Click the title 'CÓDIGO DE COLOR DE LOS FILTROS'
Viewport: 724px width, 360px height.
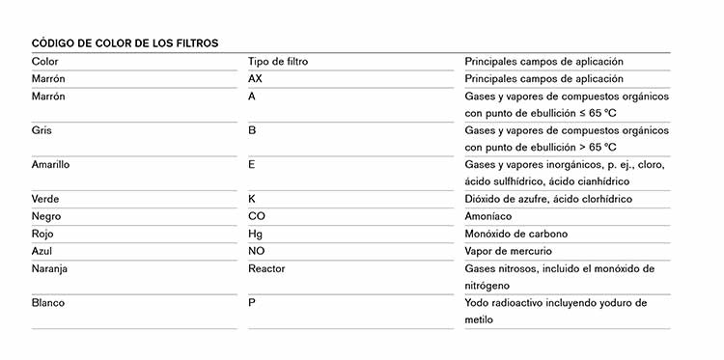[x=125, y=42]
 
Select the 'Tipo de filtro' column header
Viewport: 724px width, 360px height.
[x=278, y=62]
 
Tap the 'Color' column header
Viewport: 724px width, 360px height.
[x=45, y=62]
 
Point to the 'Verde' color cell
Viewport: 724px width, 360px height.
[x=46, y=199]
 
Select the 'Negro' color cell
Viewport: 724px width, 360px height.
[x=46, y=216]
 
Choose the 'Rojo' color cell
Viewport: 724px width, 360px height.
[x=43, y=234]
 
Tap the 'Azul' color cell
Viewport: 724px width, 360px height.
[x=42, y=251]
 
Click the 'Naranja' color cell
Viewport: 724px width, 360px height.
[x=50, y=268]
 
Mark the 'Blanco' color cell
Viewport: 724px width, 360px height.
[x=48, y=303]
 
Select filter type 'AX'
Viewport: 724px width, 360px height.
[x=255, y=79]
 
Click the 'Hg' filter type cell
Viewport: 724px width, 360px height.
[x=255, y=234]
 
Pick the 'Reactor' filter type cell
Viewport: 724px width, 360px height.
[x=266, y=268]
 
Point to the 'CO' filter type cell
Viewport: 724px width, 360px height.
[x=257, y=216]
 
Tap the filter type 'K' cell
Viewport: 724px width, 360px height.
[x=252, y=199]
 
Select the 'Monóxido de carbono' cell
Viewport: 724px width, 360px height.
[x=516, y=234]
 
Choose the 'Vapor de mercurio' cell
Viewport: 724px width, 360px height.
[x=509, y=251]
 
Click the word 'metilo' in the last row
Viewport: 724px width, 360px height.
[x=479, y=319]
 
